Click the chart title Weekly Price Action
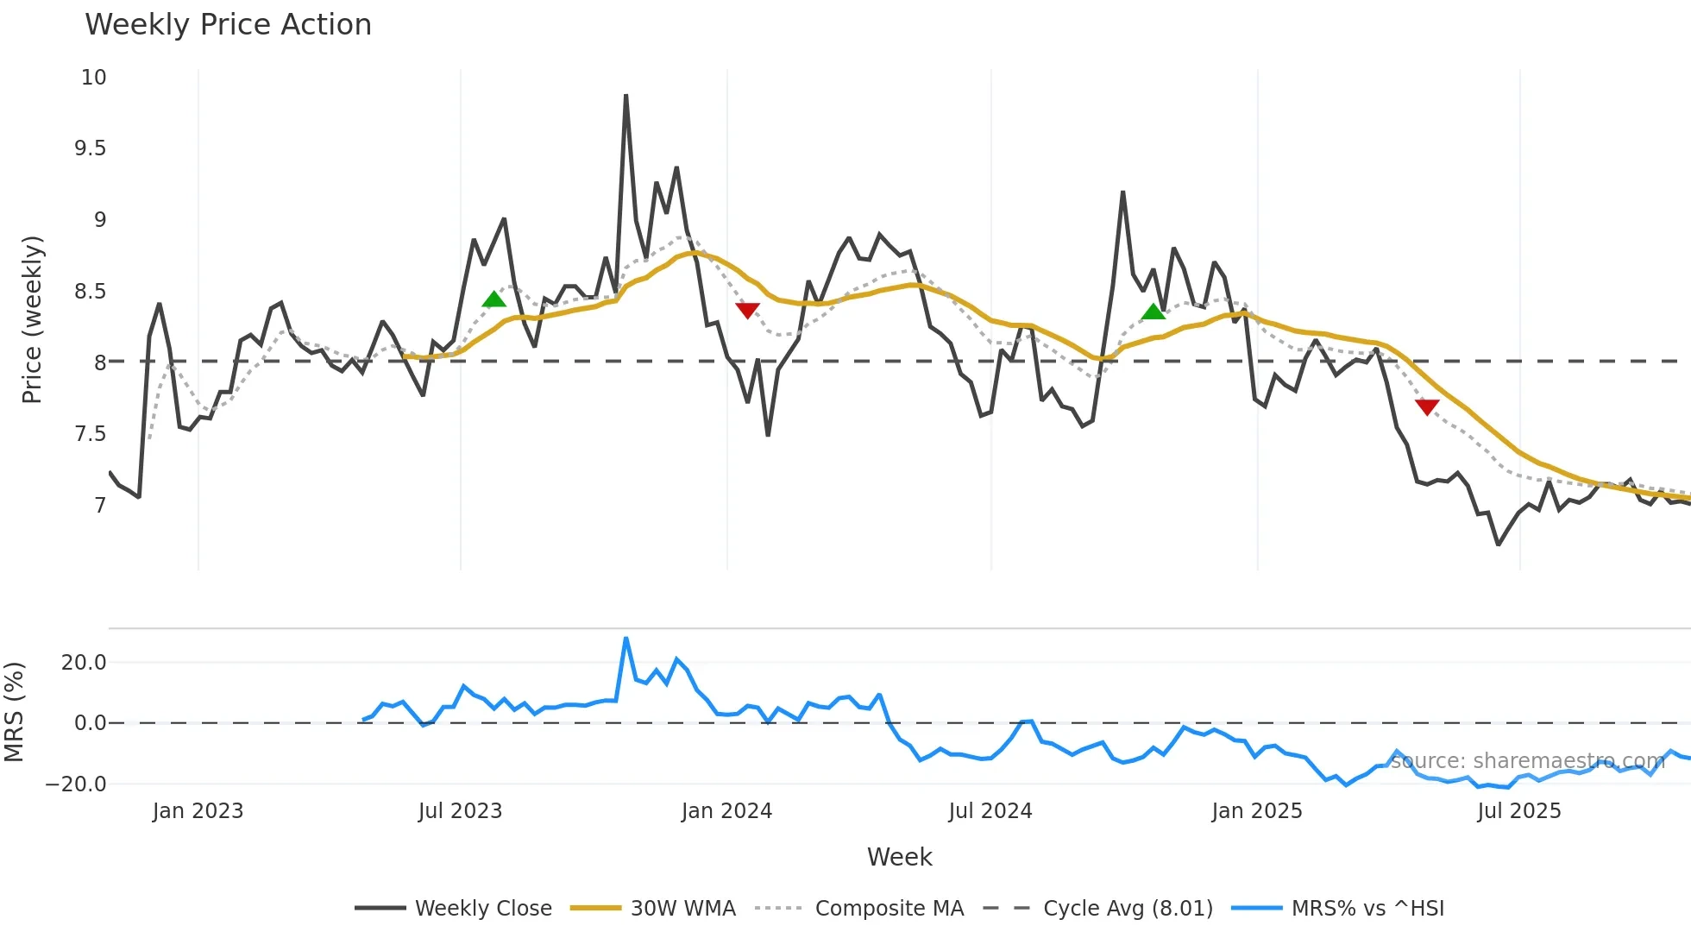point(228,25)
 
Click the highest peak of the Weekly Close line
point(625,96)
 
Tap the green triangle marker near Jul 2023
point(493,299)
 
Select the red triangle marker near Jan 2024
point(747,310)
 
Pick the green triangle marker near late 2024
point(1153,312)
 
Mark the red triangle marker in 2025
point(1427,406)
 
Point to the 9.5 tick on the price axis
point(90,148)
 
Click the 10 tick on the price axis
point(93,78)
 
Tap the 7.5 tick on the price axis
point(90,434)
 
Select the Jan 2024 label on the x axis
point(726,811)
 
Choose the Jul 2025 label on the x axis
point(1518,811)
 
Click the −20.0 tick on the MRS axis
point(76,784)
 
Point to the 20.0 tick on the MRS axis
point(83,663)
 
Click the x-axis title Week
point(899,857)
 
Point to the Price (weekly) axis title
point(32,319)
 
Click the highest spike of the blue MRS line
point(625,639)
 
